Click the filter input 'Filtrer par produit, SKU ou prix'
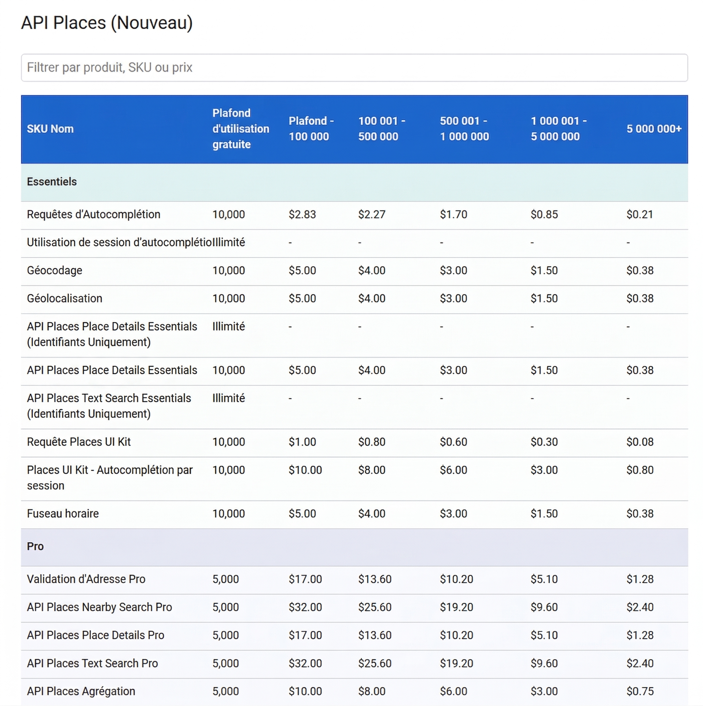[x=354, y=68]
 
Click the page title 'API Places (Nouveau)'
[x=107, y=23]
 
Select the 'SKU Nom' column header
[x=50, y=129]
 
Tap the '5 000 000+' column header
[x=654, y=129]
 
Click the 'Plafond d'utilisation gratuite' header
[x=240, y=129]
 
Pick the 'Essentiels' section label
[x=51, y=181]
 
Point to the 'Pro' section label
[x=35, y=546]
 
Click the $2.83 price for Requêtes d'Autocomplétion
[x=302, y=214]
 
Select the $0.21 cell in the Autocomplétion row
[x=639, y=214]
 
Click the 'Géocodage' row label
[x=55, y=270]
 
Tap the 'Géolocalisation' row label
[x=64, y=298]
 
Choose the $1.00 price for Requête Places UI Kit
[x=302, y=442]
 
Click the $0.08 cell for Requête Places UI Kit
[x=640, y=442]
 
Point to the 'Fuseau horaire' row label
[x=62, y=514]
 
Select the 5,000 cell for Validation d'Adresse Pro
[x=225, y=579]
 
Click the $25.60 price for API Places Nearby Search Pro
[x=374, y=607]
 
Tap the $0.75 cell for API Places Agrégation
[x=640, y=691]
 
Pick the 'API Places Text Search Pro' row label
[x=92, y=663]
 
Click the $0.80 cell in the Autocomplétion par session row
[x=640, y=470]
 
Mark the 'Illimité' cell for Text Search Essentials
[x=229, y=398]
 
